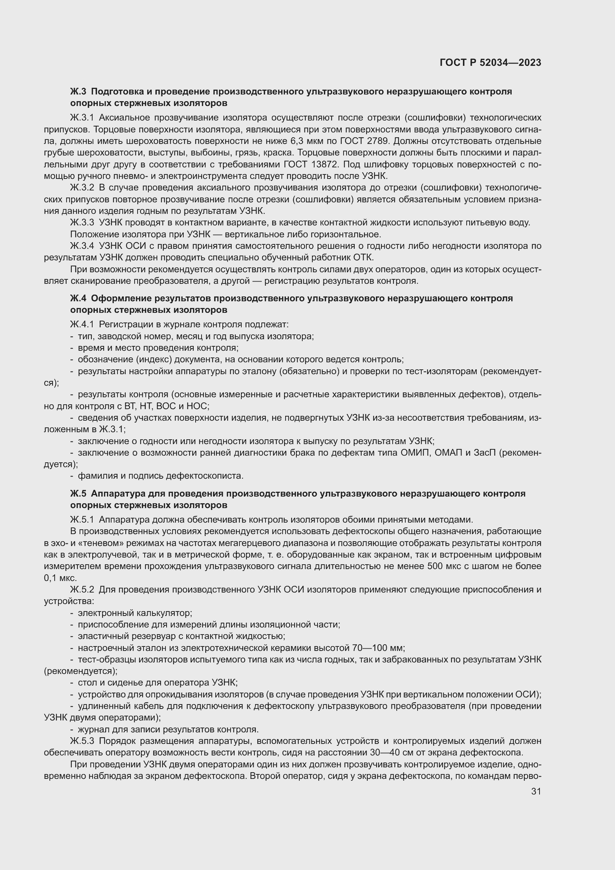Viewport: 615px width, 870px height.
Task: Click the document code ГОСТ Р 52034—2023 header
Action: click(x=490, y=63)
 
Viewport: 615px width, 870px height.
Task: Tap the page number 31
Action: click(x=536, y=791)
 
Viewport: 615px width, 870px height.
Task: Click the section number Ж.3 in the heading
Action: click(x=78, y=92)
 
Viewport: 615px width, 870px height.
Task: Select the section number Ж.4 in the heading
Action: click(x=78, y=298)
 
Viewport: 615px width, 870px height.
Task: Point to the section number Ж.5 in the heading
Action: click(x=78, y=493)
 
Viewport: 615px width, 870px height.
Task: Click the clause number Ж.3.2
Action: click(x=82, y=187)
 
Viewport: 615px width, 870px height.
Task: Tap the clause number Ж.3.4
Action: click(x=82, y=246)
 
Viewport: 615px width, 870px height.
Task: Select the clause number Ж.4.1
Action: click(x=82, y=324)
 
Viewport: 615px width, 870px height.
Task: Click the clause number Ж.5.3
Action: click(x=82, y=741)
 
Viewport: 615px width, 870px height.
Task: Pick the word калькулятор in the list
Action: click(x=164, y=613)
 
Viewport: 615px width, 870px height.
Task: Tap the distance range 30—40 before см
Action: click(x=395, y=752)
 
